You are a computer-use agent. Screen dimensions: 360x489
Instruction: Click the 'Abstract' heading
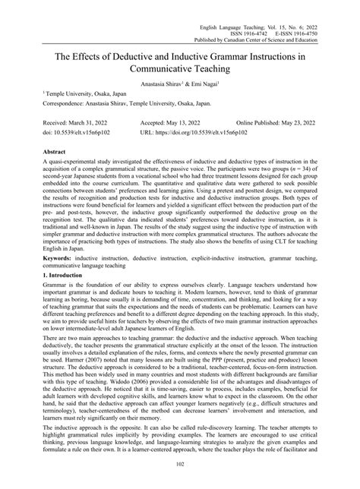(37, 152)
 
